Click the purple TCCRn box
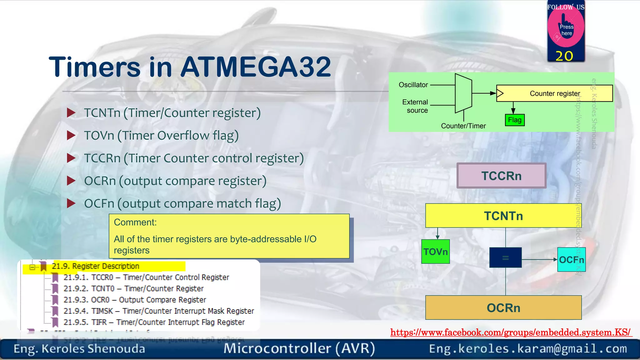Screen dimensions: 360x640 point(501,176)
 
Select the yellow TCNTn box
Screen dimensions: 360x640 point(503,216)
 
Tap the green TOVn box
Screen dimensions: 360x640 point(435,252)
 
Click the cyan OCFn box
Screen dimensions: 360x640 point(571,259)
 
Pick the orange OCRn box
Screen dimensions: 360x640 point(503,307)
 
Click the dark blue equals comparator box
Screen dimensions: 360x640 point(505,257)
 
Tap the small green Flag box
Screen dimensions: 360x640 point(514,120)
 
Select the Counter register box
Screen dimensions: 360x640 point(554,93)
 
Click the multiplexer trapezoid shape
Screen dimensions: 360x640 point(463,93)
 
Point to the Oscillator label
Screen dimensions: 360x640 point(413,85)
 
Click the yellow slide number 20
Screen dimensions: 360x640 point(564,56)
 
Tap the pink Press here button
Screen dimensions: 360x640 point(566,30)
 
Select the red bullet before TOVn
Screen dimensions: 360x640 point(71,135)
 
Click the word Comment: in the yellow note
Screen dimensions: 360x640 point(135,222)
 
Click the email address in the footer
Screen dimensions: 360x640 point(527,348)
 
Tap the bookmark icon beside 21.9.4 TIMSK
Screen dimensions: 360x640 point(55,311)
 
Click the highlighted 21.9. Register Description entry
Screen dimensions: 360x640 point(95,266)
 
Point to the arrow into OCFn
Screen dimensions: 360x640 point(540,259)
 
